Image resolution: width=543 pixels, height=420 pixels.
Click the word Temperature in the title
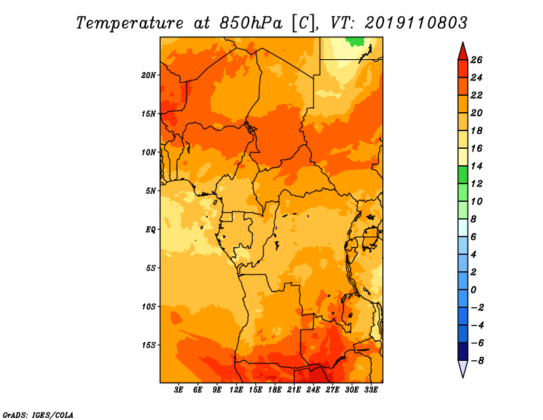pos(130,23)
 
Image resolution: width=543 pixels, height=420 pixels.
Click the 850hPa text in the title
pos(251,23)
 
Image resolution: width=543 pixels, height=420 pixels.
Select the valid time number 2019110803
pos(416,23)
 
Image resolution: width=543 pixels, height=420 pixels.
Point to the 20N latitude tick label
pos(149,75)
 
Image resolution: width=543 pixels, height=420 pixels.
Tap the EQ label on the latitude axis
pos(151,230)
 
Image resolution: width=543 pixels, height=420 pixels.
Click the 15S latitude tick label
pos(149,345)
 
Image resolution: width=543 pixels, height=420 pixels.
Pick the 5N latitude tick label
pos(151,191)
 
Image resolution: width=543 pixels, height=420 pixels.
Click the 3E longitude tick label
pos(179,390)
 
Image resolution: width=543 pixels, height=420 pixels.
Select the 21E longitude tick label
pos(294,390)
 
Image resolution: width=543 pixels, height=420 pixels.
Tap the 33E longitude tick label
pos(371,390)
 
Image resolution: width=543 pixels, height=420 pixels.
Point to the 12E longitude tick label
pos(236,390)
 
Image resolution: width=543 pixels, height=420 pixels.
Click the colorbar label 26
pos(476,60)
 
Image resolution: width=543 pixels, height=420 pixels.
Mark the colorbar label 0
pos(473,290)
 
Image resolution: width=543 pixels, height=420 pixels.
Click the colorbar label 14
pos(476,166)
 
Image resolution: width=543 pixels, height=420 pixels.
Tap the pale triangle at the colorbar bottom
pos(463,367)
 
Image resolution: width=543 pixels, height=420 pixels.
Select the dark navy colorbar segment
pos(463,351)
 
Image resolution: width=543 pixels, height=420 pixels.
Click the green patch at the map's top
pos(356,41)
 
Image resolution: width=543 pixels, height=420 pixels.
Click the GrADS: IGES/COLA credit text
pos(38,415)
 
